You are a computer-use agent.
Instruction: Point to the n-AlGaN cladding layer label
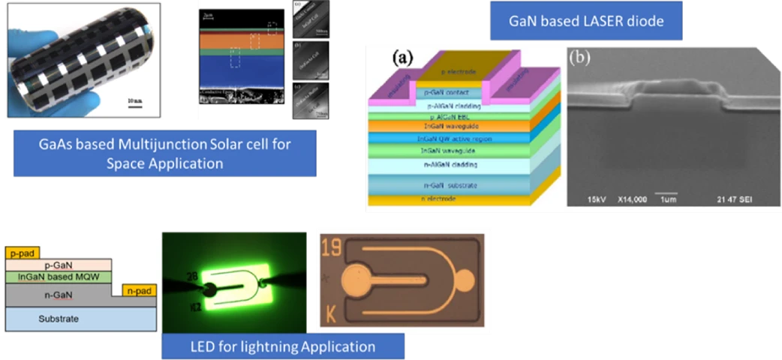pos(450,163)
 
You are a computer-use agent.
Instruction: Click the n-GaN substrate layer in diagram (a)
pos(450,184)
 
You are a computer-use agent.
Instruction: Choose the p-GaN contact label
pos(449,91)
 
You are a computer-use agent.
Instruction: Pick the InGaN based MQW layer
pos(58,277)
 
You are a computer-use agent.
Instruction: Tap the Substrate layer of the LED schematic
pos(58,319)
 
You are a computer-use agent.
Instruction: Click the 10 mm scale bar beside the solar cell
pos(135,103)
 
